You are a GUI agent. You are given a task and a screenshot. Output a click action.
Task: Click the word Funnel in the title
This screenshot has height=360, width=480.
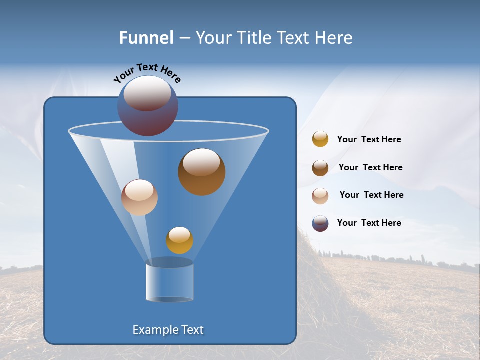(146, 38)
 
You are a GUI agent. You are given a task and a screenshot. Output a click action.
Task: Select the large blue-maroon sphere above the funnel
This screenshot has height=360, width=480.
(148, 106)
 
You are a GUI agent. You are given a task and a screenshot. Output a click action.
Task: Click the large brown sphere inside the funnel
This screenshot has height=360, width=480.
(201, 172)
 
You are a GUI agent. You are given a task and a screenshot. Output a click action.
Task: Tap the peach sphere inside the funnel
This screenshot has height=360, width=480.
(139, 198)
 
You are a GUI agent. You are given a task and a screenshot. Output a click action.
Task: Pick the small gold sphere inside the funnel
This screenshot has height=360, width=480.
(179, 240)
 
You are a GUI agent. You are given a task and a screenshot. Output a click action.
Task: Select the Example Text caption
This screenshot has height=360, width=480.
(168, 330)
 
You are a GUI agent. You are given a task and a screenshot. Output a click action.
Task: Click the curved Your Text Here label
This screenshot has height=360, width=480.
(147, 73)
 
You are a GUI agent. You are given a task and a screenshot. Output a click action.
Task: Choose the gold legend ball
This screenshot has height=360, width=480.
(320, 139)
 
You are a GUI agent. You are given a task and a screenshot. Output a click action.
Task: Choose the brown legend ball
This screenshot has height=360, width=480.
(320, 168)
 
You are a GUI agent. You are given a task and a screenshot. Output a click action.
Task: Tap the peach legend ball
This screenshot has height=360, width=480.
(320, 196)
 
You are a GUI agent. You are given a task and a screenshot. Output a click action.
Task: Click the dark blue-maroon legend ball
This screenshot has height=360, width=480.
(320, 223)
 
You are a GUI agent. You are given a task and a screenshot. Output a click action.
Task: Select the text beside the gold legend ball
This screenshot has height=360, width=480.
(369, 140)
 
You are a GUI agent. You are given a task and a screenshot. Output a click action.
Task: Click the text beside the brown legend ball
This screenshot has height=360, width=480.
(370, 168)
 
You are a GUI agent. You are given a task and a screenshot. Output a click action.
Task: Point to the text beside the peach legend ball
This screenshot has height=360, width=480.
(371, 195)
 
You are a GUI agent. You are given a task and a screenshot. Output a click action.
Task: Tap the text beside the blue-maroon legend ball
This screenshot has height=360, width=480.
(369, 223)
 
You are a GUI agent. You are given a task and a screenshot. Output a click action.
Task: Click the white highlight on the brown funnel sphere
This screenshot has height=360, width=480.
(201, 162)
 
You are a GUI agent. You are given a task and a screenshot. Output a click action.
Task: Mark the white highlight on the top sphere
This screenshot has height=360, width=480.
(147, 93)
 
